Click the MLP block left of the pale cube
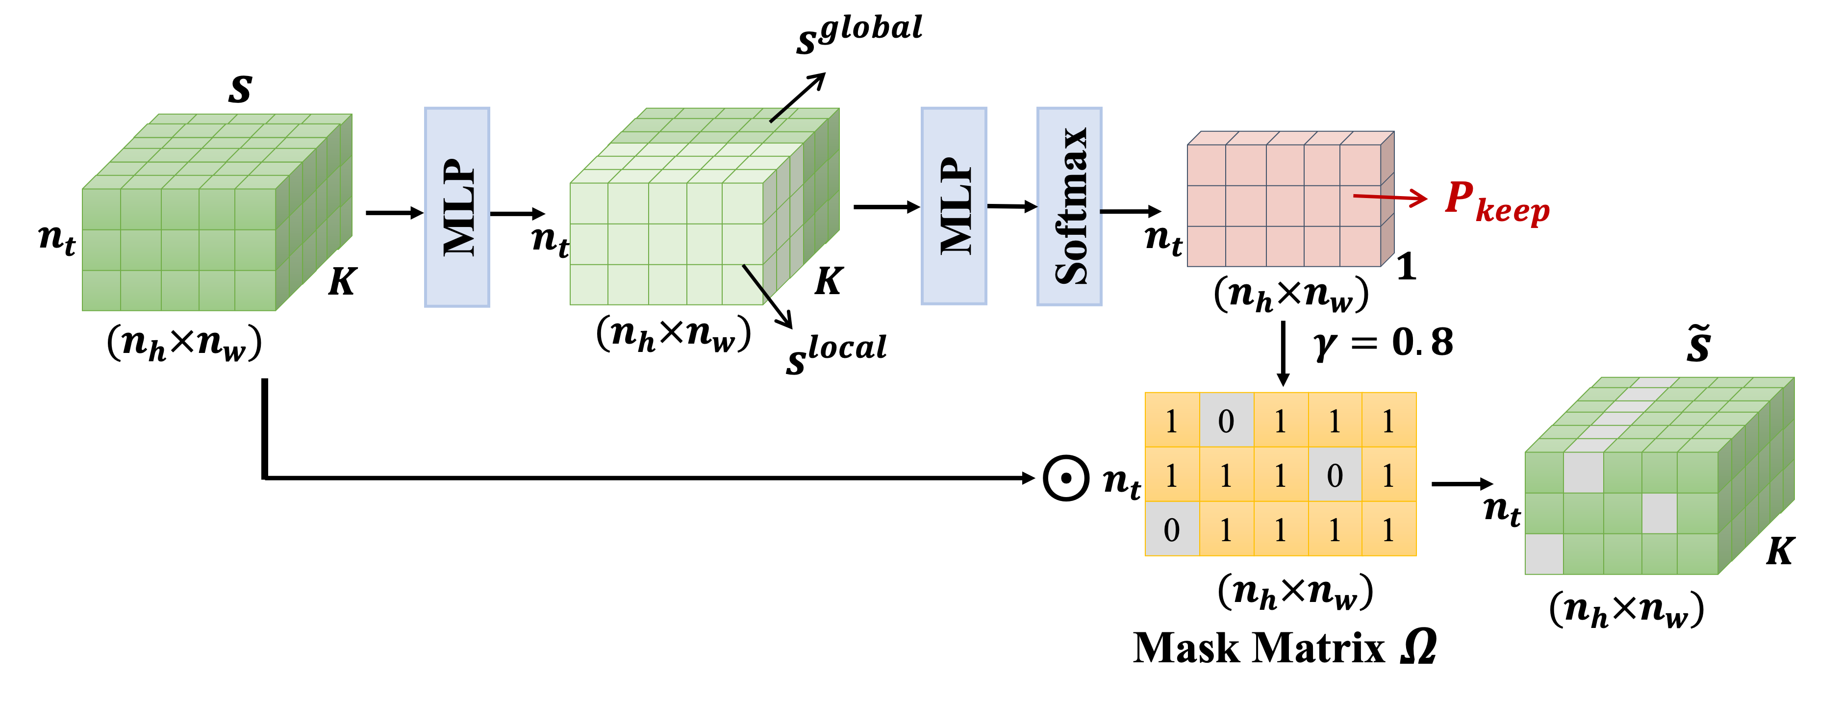click(457, 207)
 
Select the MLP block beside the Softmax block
click(954, 205)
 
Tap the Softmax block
click(1069, 205)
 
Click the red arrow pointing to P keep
click(1389, 198)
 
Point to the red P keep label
click(1496, 201)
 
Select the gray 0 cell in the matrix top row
click(1226, 421)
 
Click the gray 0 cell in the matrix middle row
click(1335, 475)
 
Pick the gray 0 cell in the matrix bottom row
click(1171, 529)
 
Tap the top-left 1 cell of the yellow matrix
click(1171, 421)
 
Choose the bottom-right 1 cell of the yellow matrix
click(1388, 529)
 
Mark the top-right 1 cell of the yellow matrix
click(1388, 421)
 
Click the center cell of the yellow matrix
click(1280, 475)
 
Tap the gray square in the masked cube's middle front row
click(1659, 513)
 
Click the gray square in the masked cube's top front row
click(1583, 472)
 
